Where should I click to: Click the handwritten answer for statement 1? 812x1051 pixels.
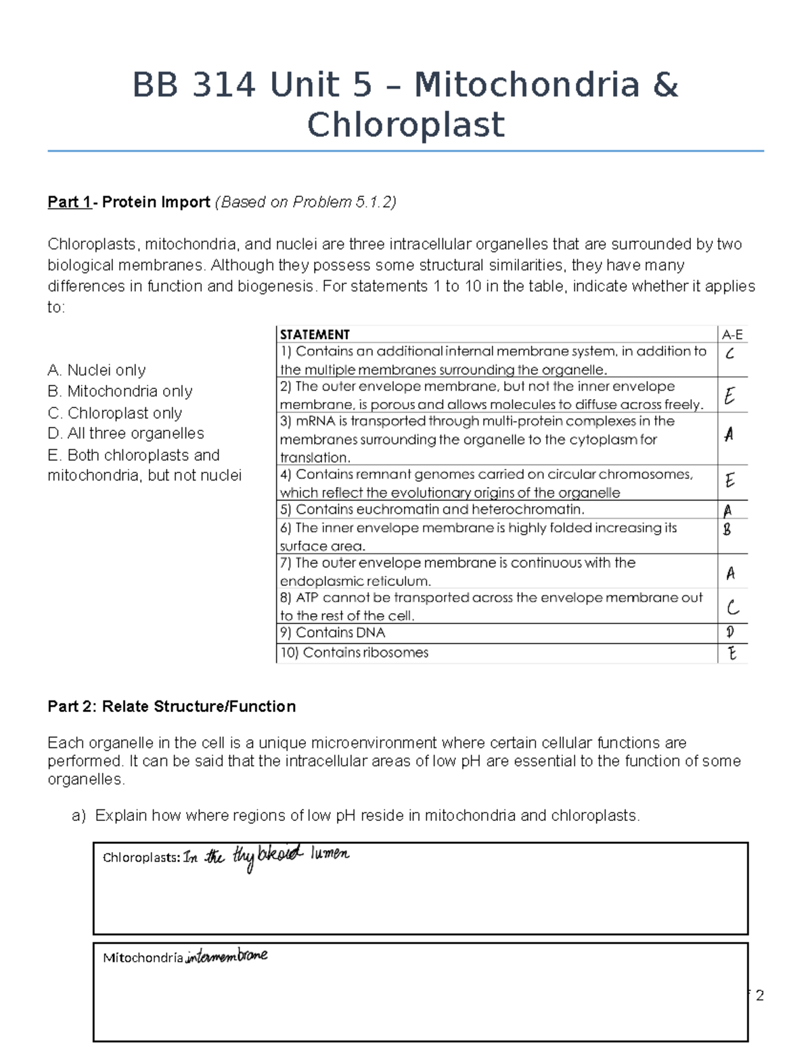tap(729, 353)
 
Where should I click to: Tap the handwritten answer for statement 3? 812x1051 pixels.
tap(729, 434)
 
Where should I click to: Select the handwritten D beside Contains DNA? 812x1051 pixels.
tap(729, 632)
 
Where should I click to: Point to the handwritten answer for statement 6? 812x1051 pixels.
tap(727, 529)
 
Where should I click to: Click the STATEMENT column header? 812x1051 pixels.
tap(315, 334)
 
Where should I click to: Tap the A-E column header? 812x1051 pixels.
tap(732, 334)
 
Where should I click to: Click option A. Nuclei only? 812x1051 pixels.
tap(97, 370)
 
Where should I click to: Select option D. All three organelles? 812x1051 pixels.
tap(126, 433)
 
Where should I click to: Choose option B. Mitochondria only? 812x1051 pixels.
tap(120, 391)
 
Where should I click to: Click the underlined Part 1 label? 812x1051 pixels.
tap(69, 202)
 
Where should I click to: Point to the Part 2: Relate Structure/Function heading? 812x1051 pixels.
tap(171, 707)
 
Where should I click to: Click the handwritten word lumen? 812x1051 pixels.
tap(330, 854)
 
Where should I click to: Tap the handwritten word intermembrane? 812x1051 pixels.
tap(227, 956)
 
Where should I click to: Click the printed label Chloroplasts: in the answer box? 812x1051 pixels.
tap(141, 858)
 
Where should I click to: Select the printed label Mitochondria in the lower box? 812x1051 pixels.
tap(142, 958)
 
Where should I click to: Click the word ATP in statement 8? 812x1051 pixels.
tap(308, 598)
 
